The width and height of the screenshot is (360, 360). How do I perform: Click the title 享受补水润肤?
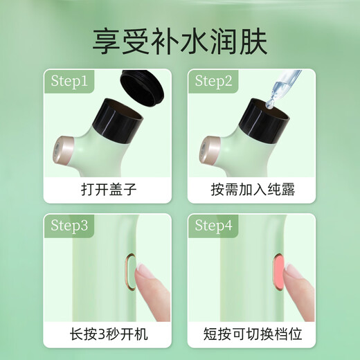[x=179, y=39]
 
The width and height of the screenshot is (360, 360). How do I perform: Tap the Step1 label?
[x=70, y=81]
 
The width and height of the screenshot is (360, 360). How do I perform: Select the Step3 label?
[x=70, y=226]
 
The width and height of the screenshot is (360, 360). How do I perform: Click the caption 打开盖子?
[x=107, y=190]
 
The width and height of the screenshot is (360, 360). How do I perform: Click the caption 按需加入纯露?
[x=252, y=190]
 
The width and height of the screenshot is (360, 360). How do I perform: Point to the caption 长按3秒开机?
[x=107, y=334]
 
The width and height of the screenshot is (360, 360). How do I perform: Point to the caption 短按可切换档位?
[x=252, y=334]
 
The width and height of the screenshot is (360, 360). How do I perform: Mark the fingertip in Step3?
[x=147, y=276]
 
